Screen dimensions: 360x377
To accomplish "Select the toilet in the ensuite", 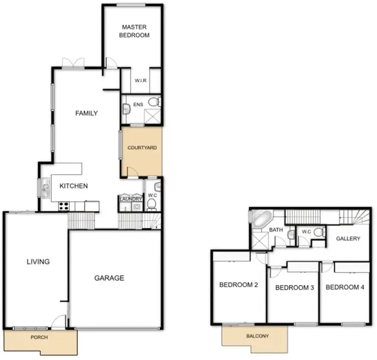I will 158,102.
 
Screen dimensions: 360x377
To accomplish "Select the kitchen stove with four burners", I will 64,205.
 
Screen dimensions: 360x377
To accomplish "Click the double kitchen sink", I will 46,189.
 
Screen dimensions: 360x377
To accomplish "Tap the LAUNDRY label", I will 130,199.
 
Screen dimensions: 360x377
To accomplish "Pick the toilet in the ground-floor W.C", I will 151,204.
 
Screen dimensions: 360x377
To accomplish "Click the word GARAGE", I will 109,278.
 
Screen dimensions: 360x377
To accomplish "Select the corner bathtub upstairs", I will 260,219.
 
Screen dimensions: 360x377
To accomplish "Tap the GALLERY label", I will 348,238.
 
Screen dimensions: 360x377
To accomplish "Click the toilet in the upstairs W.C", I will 318,232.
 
